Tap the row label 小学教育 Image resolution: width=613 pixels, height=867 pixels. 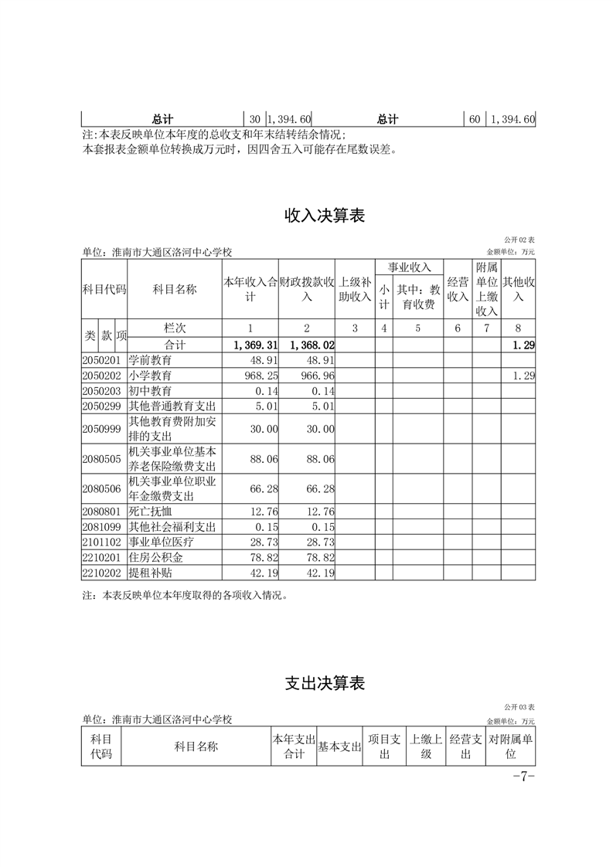[151, 376]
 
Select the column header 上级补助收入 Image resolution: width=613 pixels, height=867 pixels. [356, 289]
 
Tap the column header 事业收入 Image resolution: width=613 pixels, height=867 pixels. [409, 267]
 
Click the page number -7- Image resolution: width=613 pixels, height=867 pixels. [523, 777]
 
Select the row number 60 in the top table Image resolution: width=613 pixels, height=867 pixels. [475, 120]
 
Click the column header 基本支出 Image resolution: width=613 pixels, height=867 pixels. [339, 747]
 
